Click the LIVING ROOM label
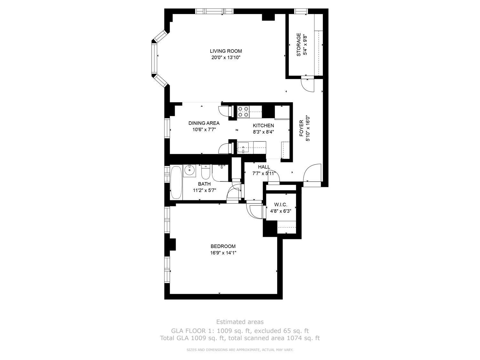226,51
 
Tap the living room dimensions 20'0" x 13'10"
226,58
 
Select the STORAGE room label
299,44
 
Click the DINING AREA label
204,123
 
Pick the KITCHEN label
263,125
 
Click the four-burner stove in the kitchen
243,112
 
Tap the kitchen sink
244,148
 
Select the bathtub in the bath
176,182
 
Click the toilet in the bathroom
205,173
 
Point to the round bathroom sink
189,170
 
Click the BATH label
204,184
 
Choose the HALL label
264,167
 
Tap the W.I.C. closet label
281,205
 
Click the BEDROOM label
223,246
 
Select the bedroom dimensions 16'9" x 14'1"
223,253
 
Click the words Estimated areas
240,322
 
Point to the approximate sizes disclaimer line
240,350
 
